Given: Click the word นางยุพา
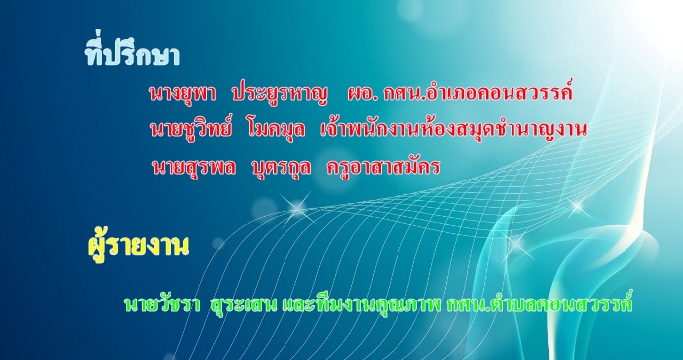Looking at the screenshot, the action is click(x=182, y=93).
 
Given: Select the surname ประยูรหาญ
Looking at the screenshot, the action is click(x=280, y=93).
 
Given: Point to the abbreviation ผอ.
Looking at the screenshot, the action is click(x=363, y=93).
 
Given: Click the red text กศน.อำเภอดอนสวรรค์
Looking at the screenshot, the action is click(x=478, y=91).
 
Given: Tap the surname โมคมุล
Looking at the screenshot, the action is click(x=276, y=130).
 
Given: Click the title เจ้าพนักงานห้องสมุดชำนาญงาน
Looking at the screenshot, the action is click(x=453, y=128).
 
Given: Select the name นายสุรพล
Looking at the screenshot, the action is click(x=194, y=167).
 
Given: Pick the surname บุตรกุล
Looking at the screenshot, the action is click(x=282, y=168).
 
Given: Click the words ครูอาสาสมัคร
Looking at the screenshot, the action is click(x=384, y=167).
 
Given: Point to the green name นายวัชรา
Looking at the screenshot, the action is click(x=162, y=303).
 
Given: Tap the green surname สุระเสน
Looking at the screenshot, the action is click(x=243, y=304).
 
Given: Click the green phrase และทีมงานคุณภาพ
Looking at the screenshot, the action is click(x=361, y=304).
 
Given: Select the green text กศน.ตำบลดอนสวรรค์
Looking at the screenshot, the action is click(x=539, y=302).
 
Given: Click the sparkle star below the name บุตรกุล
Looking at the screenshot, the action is click(x=298, y=209).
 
